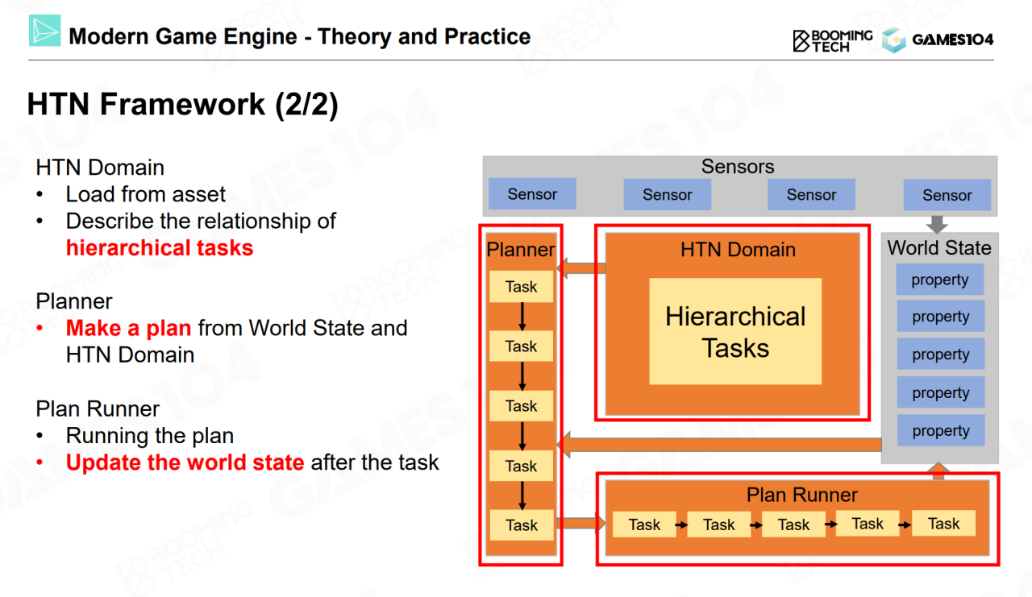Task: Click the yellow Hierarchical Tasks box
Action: (x=735, y=331)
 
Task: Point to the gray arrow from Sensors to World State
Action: (x=938, y=224)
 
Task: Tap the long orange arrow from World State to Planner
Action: (x=718, y=444)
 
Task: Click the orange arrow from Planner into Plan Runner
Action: (x=580, y=524)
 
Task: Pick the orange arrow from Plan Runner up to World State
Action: (x=938, y=471)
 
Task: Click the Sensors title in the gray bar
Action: (x=737, y=167)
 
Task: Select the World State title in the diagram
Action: (x=939, y=248)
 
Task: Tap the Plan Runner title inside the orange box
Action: (x=801, y=495)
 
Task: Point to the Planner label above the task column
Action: (x=521, y=250)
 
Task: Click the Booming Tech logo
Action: (x=832, y=39)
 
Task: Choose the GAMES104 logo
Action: (x=938, y=39)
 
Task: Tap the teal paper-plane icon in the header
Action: (x=45, y=31)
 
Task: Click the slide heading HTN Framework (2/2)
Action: (x=182, y=105)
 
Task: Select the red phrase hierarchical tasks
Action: (x=160, y=247)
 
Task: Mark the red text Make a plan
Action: (x=128, y=328)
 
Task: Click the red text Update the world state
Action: (x=185, y=462)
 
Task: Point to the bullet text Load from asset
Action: (x=146, y=194)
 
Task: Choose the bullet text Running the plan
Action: (x=150, y=436)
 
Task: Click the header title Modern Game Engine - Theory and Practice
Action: (x=300, y=36)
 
